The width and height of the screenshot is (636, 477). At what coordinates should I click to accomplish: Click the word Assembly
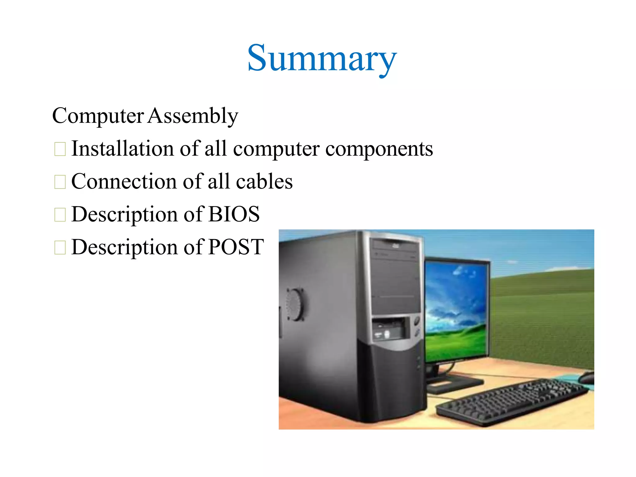193,116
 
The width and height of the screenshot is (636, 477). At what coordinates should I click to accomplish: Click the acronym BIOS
234,214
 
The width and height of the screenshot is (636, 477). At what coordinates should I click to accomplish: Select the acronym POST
236,247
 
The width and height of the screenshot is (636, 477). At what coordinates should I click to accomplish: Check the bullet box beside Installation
60,149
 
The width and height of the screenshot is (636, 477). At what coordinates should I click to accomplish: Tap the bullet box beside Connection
60,182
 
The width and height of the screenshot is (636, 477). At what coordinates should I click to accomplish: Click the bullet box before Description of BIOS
60,215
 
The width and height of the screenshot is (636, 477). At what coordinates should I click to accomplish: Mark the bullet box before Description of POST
60,248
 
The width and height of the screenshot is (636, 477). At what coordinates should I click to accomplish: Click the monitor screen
456,311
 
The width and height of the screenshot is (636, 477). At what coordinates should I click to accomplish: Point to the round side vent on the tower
294,305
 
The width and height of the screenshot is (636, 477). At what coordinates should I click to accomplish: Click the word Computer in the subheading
98,116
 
